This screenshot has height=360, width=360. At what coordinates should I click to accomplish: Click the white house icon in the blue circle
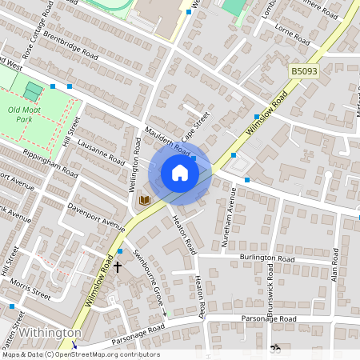click(180, 173)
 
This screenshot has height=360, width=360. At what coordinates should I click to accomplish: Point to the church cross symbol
click(118, 266)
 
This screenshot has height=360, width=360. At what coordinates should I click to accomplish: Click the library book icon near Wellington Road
click(145, 200)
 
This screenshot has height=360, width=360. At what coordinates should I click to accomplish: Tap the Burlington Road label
click(267, 258)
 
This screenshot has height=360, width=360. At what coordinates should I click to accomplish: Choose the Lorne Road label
click(291, 37)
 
